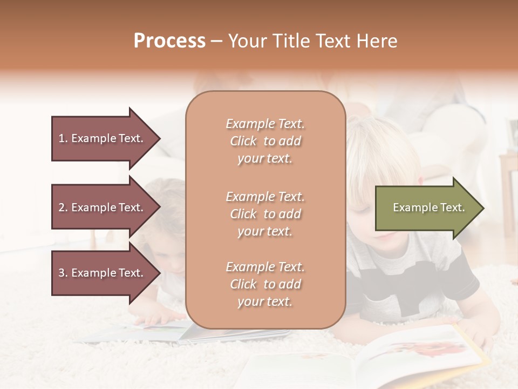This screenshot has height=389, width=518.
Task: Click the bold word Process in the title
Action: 169,41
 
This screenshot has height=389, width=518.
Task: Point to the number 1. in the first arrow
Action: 63,138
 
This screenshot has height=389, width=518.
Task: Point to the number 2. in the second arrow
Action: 63,207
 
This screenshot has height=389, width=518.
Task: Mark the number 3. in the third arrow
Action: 63,273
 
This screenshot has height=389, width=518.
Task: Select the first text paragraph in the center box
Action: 265,141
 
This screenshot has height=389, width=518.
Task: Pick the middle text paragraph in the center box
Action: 265,214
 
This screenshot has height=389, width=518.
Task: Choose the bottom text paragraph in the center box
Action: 265,284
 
